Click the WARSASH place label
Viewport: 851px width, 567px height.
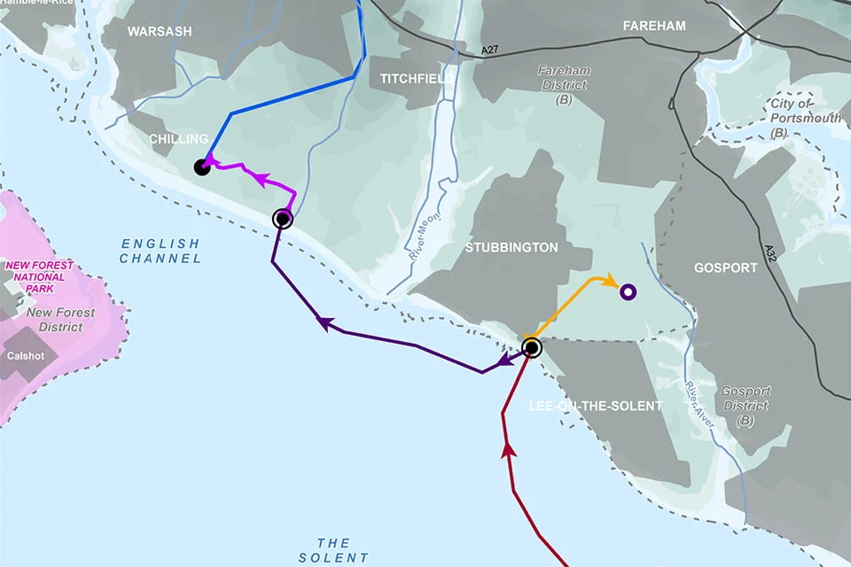pos(160,32)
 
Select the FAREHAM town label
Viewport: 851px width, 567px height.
pos(654,27)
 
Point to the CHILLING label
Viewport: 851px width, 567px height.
pos(178,139)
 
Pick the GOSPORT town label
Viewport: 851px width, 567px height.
pos(726,267)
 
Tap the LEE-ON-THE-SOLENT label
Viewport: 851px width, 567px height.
pos(596,406)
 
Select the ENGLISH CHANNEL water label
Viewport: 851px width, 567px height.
pos(160,251)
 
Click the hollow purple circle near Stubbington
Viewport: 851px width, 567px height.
pos(628,291)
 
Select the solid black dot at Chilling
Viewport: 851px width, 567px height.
pos(202,167)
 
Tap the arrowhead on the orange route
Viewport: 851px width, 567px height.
pos(610,282)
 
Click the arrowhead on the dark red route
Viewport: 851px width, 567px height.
pos(509,449)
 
